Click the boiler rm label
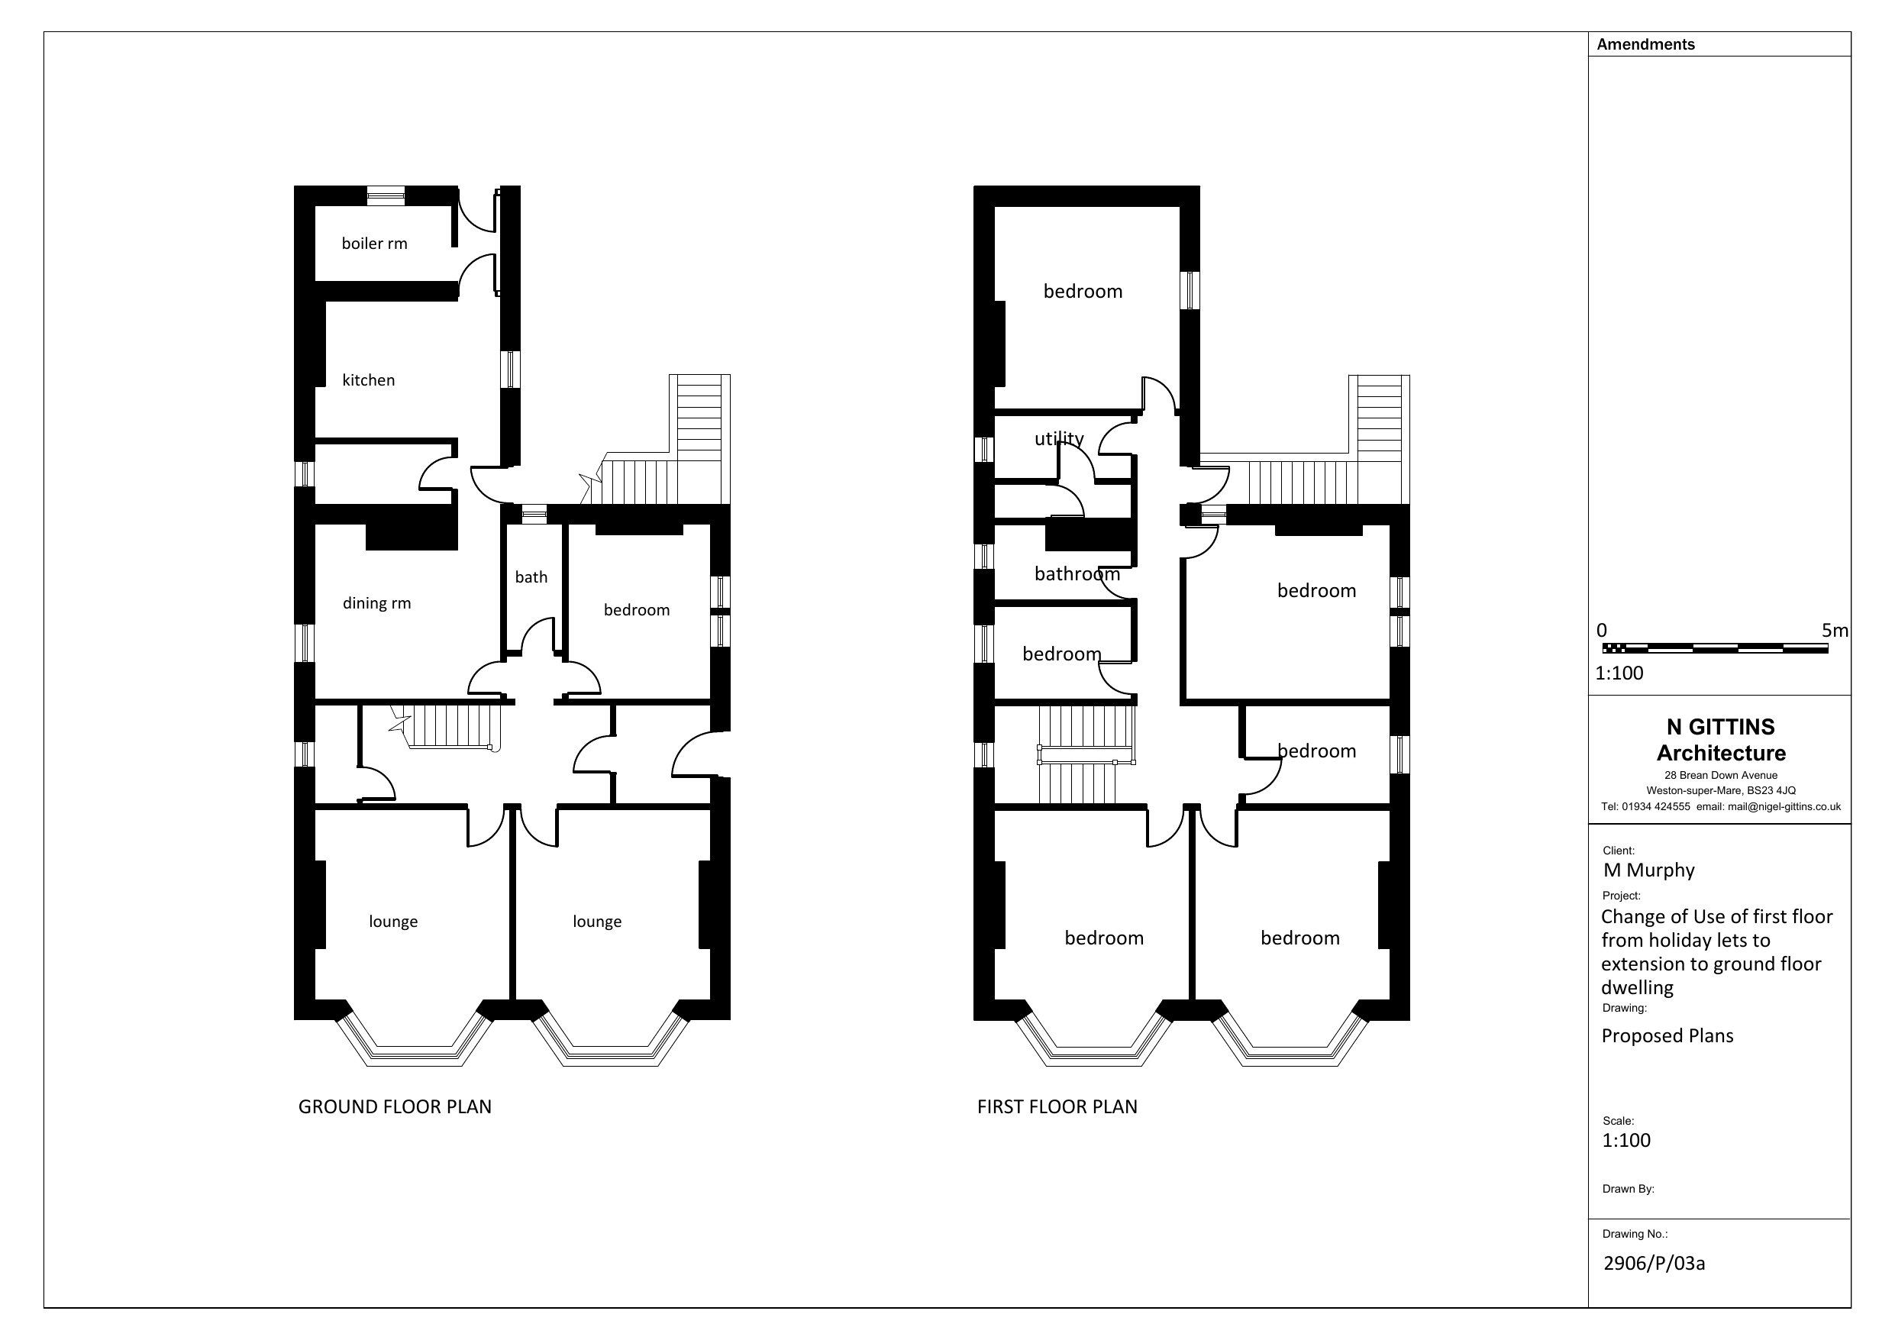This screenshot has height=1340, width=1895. pyautogui.click(x=374, y=244)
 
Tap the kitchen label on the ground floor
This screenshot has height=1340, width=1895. pyautogui.click(x=368, y=380)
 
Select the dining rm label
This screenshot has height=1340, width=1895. pyautogui.click(x=376, y=603)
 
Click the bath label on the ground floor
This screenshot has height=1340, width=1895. pyautogui.click(x=531, y=577)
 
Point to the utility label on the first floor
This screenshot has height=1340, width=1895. pyautogui.click(x=1059, y=438)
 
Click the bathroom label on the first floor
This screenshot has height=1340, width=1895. pyautogui.click(x=1077, y=574)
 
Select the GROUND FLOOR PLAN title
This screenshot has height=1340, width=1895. pyautogui.click(x=395, y=1107)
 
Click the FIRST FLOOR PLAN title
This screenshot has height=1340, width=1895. pyautogui.click(x=1057, y=1107)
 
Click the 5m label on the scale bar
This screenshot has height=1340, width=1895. pyautogui.click(x=1834, y=631)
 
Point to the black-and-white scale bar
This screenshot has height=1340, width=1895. pyautogui.click(x=1715, y=649)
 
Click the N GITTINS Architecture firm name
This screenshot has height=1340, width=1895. pyautogui.click(x=1720, y=740)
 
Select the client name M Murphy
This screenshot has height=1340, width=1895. pyautogui.click(x=1648, y=870)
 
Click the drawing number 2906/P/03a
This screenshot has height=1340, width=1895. pyautogui.click(x=1653, y=1263)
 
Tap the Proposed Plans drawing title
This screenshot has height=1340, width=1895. pyautogui.click(x=1667, y=1036)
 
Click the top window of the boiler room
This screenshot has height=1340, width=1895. pyautogui.click(x=386, y=195)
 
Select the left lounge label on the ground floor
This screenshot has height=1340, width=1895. pyautogui.click(x=393, y=922)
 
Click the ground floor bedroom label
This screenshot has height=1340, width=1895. pyautogui.click(x=636, y=610)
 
